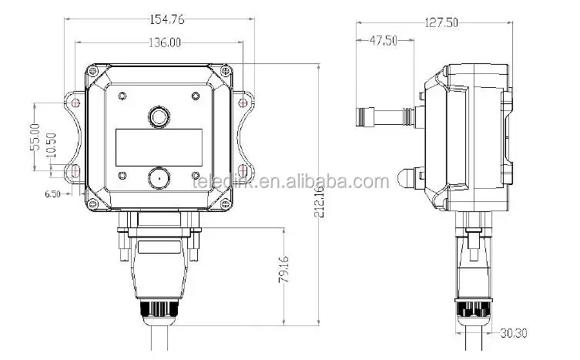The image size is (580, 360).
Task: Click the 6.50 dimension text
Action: (52, 194)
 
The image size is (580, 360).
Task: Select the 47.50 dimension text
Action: (383, 42)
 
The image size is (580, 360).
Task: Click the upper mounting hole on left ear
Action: (75, 101)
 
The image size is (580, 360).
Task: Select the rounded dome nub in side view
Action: (406, 177)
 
